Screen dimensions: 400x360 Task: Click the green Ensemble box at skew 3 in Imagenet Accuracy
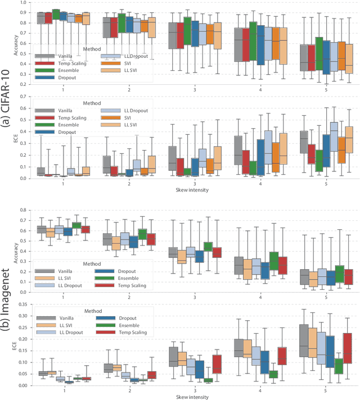208,246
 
